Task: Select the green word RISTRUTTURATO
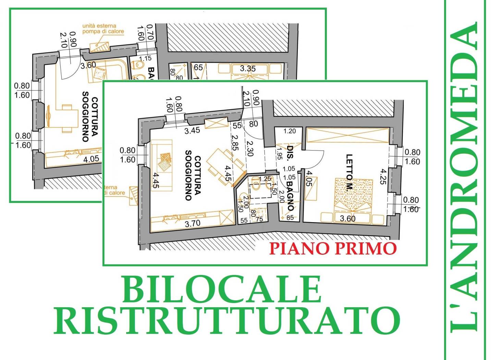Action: click(x=227, y=320)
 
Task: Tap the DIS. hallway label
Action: click(x=290, y=154)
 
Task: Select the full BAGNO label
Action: click(x=290, y=196)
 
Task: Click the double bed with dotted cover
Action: click(x=353, y=194)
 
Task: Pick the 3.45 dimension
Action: click(x=192, y=130)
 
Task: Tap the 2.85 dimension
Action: click(x=235, y=143)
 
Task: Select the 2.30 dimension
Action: click(x=249, y=148)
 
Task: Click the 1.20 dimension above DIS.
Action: click(x=290, y=131)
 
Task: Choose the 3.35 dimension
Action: click(x=247, y=69)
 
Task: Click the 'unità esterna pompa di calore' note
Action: click(x=103, y=28)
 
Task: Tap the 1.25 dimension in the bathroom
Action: click(x=265, y=179)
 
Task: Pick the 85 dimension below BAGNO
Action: click(x=290, y=217)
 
